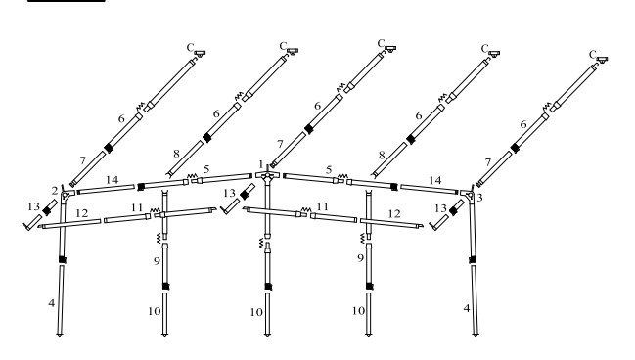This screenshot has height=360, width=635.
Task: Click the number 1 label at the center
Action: click(261, 164)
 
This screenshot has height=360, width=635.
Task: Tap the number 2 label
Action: click(55, 191)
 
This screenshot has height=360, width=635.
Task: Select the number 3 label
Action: click(479, 198)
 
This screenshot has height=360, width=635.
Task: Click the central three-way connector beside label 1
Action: click(267, 176)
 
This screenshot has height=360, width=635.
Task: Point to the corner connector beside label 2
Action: click(66, 196)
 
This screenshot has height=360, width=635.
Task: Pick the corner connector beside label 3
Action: click(469, 196)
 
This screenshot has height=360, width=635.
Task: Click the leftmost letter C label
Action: click(191, 48)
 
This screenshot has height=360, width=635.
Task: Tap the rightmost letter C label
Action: click(593, 54)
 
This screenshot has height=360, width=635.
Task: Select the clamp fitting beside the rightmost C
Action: click(602, 60)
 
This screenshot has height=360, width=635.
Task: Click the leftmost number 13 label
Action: click(33, 207)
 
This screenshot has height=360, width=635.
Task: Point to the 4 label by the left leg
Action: click(51, 303)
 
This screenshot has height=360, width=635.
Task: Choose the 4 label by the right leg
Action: click(467, 308)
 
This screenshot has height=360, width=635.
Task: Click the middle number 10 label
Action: click(256, 312)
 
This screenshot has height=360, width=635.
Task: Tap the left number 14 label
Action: click(112, 180)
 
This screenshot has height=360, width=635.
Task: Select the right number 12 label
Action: click(394, 214)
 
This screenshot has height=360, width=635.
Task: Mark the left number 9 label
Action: click(158, 261)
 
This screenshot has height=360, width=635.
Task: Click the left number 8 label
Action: click(176, 154)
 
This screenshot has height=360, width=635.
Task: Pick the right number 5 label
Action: click(329, 170)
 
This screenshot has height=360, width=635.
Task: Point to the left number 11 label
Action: click(137, 207)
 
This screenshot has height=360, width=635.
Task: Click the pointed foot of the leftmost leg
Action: click(60, 335)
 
